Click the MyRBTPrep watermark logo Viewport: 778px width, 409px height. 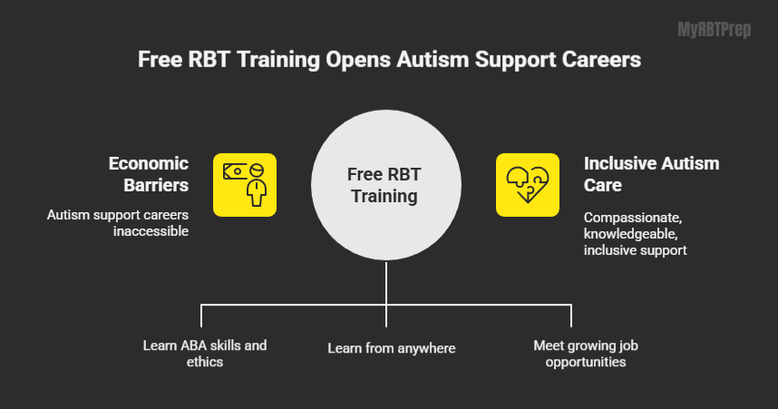click(x=714, y=30)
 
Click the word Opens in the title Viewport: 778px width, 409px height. click(x=358, y=60)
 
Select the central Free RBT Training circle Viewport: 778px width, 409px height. click(x=386, y=185)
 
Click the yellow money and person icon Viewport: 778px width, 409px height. click(x=245, y=185)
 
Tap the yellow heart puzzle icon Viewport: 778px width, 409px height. click(x=528, y=185)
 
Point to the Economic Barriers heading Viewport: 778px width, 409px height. click(x=149, y=174)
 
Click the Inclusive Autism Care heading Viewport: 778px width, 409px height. click(x=651, y=174)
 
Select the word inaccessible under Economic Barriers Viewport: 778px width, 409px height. click(x=151, y=231)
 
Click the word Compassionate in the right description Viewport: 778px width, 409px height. click(x=633, y=218)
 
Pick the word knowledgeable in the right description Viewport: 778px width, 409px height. click(x=630, y=234)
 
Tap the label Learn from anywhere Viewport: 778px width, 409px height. click(x=392, y=348)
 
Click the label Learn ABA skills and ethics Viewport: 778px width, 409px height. click(x=205, y=354)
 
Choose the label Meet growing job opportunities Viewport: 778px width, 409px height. click(x=586, y=354)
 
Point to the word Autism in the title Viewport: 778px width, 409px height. click(x=433, y=60)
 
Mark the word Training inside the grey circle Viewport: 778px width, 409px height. click(x=384, y=197)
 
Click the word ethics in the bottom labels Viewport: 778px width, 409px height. click(x=205, y=362)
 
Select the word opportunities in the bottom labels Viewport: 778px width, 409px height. click(x=586, y=363)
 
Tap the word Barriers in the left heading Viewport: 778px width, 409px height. click(x=156, y=185)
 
